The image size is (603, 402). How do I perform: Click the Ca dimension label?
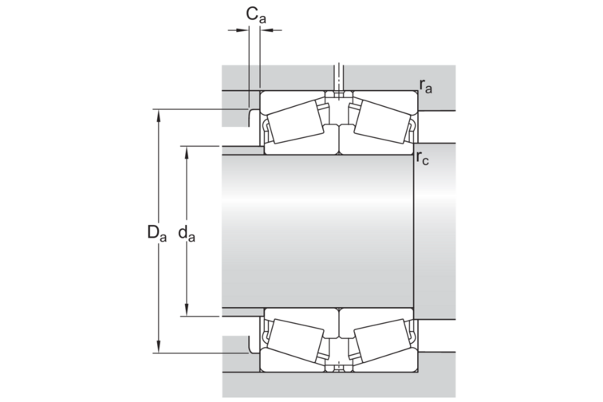(x=256, y=15)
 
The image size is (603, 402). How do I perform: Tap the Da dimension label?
(x=157, y=233)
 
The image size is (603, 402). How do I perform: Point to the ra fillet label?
(x=426, y=86)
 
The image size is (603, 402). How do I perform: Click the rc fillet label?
(x=422, y=158)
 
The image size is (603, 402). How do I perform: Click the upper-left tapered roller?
(x=295, y=121)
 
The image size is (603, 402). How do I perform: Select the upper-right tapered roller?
(x=383, y=121)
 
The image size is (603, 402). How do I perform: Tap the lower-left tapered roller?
(x=295, y=341)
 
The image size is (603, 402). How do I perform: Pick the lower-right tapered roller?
(x=383, y=341)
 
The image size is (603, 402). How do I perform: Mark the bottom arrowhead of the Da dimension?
(x=158, y=347)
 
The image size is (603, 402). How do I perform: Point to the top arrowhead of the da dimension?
(x=187, y=152)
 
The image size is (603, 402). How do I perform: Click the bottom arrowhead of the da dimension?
(x=187, y=309)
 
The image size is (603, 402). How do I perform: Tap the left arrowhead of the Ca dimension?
(x=242, y=30)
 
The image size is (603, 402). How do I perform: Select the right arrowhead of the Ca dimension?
(x=266, y=30)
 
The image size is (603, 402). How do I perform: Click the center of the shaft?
(x=317, y=231)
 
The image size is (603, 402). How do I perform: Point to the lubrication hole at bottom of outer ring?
(x=339, y=367)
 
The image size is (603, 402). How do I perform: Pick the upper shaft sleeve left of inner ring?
(x=243, y=151)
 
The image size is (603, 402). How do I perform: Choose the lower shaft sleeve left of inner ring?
(x=243, y=312)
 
